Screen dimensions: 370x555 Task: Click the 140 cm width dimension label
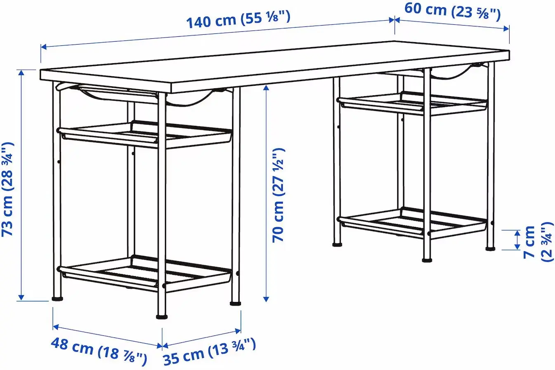click(239, 19)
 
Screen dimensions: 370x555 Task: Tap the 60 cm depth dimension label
click(452, 11)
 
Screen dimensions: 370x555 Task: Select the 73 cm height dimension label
click(9, 189)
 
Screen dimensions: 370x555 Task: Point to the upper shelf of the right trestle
click(413, 103)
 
